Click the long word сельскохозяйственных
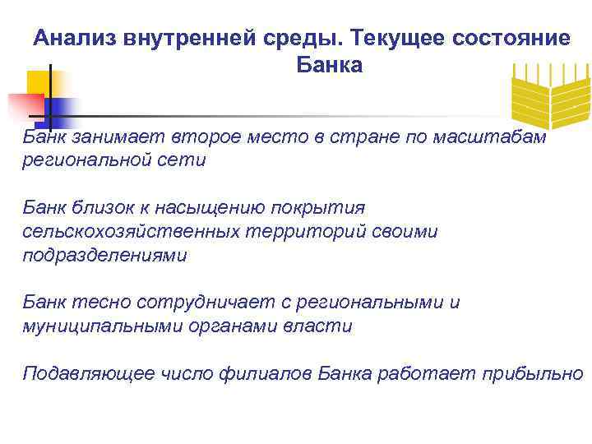tap(132, 231)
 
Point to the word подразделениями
tap(104, 255)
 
